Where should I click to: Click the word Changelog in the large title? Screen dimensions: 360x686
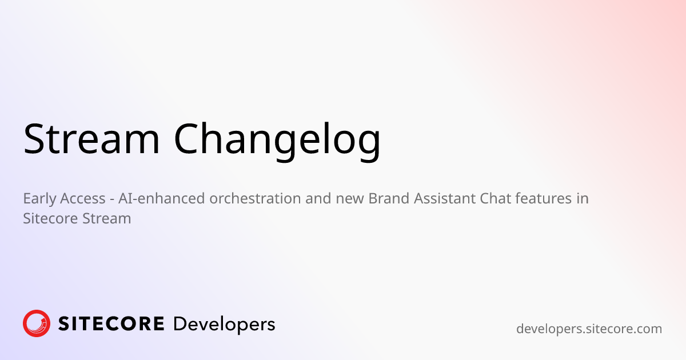[x=277, y=139]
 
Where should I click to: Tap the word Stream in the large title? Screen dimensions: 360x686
[x=91, y=139]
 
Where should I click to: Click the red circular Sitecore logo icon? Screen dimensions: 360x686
[x=37, y=323]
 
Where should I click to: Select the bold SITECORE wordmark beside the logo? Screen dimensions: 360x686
[x=111, y=324]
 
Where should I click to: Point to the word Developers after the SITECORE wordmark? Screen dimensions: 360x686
[x=224, y=325]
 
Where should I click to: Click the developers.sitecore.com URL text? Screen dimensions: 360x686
[x=589, y=329]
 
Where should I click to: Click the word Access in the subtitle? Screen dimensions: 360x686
[x=82, y=199]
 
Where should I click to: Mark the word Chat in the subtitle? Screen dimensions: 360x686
[x=494, y=199]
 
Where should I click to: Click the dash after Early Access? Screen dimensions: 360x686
[x=111, y=199]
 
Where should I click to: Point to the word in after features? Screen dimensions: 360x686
[x=582, y=199]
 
